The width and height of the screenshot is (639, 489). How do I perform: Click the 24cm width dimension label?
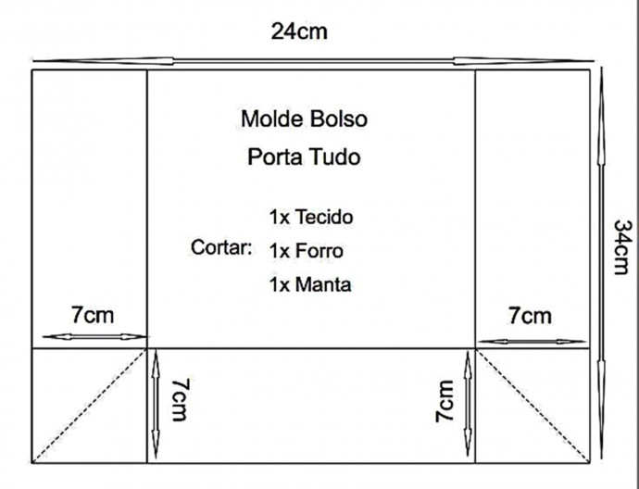click(299, 31)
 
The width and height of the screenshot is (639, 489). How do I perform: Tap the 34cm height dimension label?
click(622, 247)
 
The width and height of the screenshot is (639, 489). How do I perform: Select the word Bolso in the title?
click(339, 119)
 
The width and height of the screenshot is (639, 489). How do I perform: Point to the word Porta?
click(275, 157)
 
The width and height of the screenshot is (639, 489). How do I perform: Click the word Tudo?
click(333, 157)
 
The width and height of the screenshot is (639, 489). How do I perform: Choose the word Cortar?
click(221, 247)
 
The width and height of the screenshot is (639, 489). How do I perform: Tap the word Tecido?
click(324, 217)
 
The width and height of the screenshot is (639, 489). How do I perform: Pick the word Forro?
click(319, 251)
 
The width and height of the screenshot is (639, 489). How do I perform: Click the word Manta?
click(323, 284)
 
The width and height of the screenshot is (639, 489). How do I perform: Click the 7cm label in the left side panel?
click(93, 315)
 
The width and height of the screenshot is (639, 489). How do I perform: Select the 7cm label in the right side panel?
click(530, 316)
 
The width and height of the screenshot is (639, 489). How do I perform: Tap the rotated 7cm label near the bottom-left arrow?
click(181, 400)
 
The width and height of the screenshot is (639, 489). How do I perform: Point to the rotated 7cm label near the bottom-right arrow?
click(445, 401)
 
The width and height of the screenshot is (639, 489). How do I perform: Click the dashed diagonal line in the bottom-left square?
click(89, 406)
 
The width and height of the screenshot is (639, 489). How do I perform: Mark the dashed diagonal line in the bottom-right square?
click(532, 406)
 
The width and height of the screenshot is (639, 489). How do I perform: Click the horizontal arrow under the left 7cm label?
click(95, 336)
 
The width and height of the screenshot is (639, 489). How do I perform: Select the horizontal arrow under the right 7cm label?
click(532, 342)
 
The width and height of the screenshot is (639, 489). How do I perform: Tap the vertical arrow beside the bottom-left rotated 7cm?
click(156, 404)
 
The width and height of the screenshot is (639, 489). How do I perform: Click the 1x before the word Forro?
click(279, 251)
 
